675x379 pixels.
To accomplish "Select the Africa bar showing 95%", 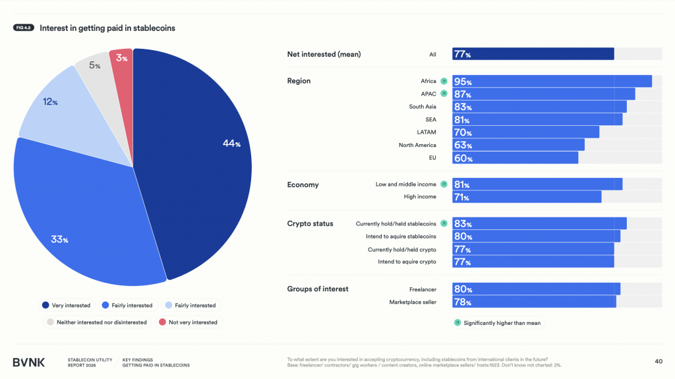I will tap(552, 81).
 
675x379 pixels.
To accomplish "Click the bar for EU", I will tap(515, 158).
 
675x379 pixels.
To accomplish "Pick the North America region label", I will tap(417, 145).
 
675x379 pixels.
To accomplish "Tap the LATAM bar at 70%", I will tap(525, 132).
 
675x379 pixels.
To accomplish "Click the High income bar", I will tap(527, 196).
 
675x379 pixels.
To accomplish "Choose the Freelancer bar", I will tap(536, 289).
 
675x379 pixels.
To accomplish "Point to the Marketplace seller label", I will tap(413, 302).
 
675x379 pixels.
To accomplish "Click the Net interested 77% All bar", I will tap(533, 54).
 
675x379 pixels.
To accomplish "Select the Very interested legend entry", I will tap(66, 305).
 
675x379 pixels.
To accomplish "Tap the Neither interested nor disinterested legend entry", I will tap(96, 322).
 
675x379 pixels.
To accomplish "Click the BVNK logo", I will tap(29, 362).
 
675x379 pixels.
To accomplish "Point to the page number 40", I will tap(658, 361).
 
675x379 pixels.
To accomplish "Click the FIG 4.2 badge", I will tap(24, 28).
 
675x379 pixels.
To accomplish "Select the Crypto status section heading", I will tap(310, 223).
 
